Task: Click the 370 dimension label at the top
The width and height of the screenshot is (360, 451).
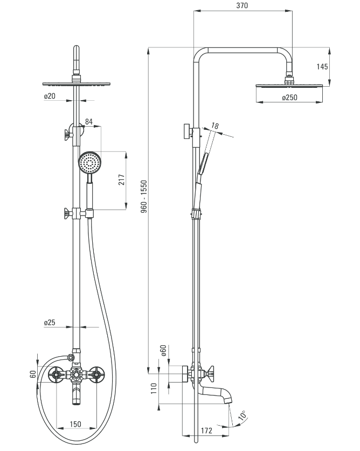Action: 242,5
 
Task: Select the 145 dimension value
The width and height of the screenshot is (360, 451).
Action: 322,67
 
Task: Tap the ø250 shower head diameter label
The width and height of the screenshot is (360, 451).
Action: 289,98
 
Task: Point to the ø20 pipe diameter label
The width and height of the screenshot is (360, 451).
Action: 50,96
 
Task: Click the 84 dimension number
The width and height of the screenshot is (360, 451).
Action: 89,122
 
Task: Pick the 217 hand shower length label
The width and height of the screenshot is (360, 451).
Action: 122,180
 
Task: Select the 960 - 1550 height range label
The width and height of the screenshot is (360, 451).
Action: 144,197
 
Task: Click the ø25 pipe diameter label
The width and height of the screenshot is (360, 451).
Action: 50,322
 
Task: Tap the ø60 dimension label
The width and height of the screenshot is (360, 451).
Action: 163,351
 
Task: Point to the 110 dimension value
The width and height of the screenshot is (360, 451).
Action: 154,388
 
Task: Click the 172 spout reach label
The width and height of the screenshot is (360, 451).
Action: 206,431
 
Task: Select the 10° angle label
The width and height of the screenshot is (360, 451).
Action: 243,415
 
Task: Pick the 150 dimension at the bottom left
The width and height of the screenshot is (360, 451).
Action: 75,424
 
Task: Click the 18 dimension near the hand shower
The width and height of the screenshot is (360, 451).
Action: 214,126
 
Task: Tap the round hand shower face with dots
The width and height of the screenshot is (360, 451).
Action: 90,163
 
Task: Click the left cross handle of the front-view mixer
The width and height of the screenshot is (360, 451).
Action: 56,375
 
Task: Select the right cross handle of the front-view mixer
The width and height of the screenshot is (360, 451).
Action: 96,375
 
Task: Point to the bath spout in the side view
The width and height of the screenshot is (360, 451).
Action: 217,394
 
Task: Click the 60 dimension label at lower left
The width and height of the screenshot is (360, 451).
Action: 33,374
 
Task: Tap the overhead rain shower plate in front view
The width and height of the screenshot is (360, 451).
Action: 77,84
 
